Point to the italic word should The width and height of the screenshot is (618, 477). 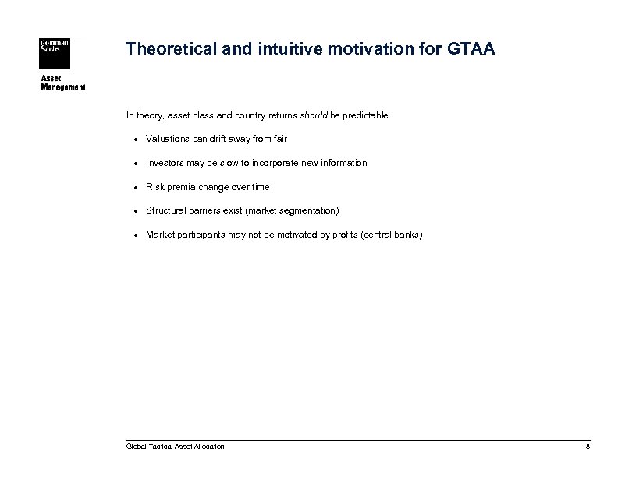(317, 115)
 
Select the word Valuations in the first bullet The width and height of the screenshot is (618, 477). (167, 140)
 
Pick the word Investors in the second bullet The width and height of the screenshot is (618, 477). (165, 163)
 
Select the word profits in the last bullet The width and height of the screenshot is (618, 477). (333, 235)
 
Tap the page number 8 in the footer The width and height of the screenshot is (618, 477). (588, 447)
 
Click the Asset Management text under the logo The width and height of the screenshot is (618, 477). (62, 83)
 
